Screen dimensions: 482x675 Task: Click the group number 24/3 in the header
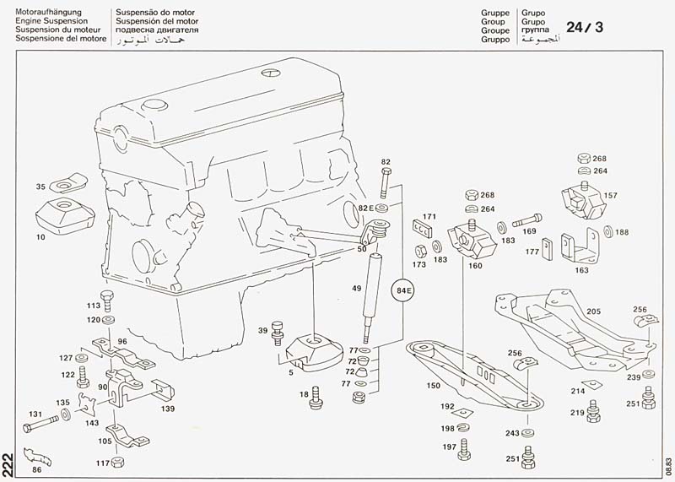pyautogui.click(x=584, y=27)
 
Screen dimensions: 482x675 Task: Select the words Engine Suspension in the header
pyautogui.click(x=51, y=21)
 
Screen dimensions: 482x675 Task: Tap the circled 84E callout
pyautogui.click(x=402, y=292)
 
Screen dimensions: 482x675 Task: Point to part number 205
pyautogui.click(x=593, y=311)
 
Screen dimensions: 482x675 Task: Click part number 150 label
pyautogui.click(x=434, y=386)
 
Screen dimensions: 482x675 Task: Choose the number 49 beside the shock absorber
pyautogui.click(x=357, y=288)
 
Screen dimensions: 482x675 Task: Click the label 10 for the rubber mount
pyautogui.click(x=40, y=237)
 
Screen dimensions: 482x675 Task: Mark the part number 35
pyautogui.click(x=40, y=186)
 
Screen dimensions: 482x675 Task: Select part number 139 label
pyautogui.click(x=167, y=409)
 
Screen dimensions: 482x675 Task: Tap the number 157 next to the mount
pyautogui.click(x=610, y=195)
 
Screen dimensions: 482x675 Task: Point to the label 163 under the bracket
pyautogui.click(x=582, y=271)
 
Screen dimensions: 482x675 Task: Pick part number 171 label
pyautogui.click(x=429, y=217)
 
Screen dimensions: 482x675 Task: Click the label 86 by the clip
pyautogui.click(x=36, y=469)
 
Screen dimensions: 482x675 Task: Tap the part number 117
pyautogui.click(x=101, y=463)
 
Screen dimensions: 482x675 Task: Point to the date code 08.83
pyautogui.click(x=667, y=467)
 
